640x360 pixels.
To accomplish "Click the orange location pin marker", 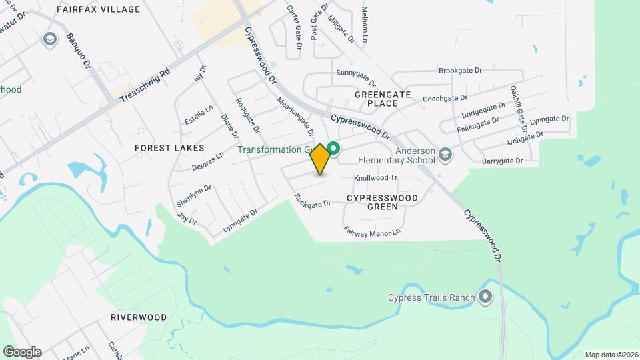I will [320, 159].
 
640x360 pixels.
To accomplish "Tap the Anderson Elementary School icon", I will [445, 155].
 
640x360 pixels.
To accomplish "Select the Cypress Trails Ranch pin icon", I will [485, 297].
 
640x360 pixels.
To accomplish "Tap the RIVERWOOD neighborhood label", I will [139, 317].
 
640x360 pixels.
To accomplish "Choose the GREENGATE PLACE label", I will [385, 99].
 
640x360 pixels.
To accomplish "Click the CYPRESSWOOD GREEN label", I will [383, 202].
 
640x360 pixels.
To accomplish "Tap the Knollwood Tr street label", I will [375, 178].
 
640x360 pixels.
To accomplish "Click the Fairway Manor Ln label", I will [372, 231].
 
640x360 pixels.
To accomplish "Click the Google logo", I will [22, 352].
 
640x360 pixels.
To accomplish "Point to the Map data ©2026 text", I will [610, 354].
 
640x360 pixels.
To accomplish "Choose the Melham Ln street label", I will [365, 25].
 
